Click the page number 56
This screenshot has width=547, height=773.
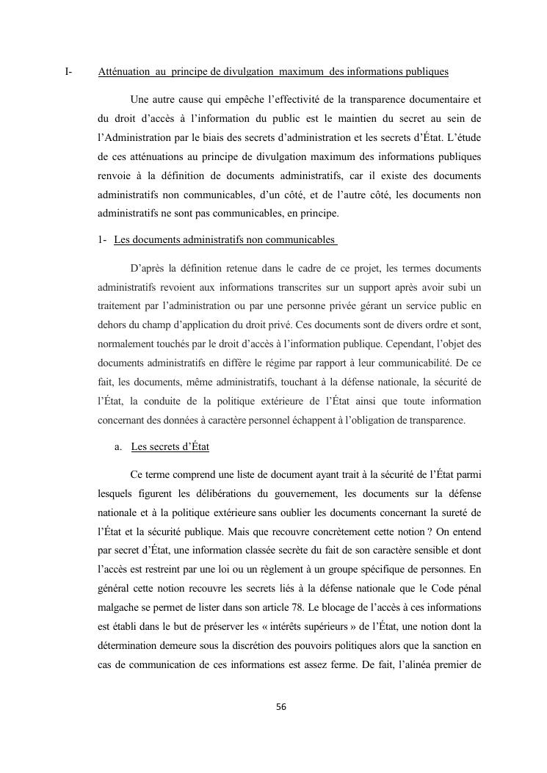click(x=280, y=707)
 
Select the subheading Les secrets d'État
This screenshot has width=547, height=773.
click(x=170, y=447)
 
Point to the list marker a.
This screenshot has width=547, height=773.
click(x=117, y=447)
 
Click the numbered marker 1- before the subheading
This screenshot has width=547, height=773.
click(x=103, y=240)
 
